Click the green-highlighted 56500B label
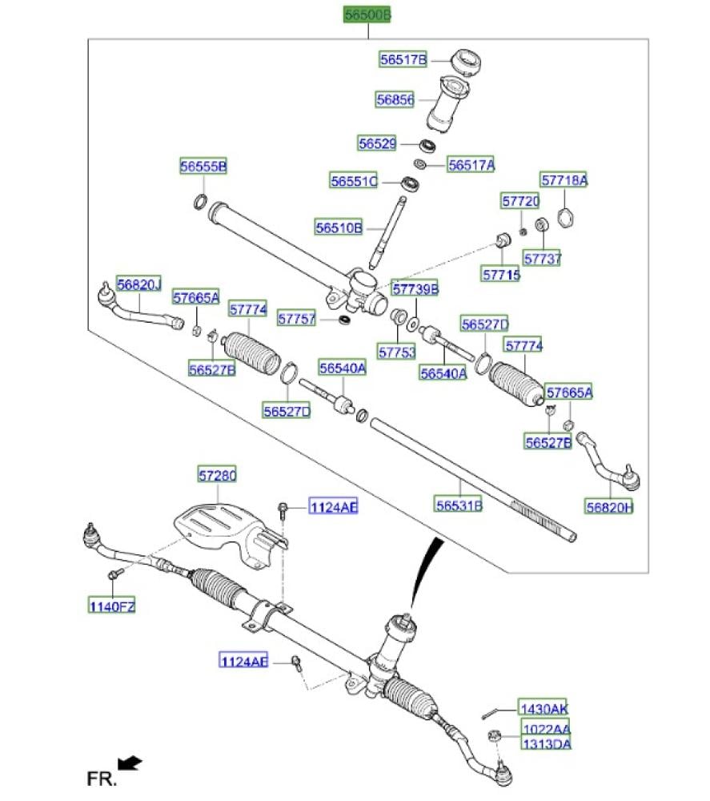click(x=367, y=15)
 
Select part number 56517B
click(x=403, y=59)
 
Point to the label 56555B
click(x=203, y=167)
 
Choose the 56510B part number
click(x=339, y=228)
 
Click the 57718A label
click(x=564, y=181)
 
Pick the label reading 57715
click(x=501, y=274)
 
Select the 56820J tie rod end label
click(x=138, y=284)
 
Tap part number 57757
click(x=297, y=319)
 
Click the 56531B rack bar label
click(x=459, y=505)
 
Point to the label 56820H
click(x=608, y=506)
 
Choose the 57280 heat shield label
click(x=218, y=476)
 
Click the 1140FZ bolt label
click(x=112, y=606)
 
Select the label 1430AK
click(x=544, y=709)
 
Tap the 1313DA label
click(x=546, y=744)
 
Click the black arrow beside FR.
click(x=130, y=761)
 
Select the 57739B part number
click(x=415, y=288)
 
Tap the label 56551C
click(x=354, y=182)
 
